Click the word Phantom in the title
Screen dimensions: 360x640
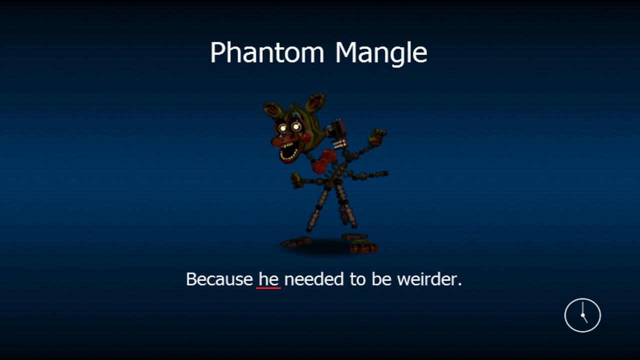[x=267, y=52]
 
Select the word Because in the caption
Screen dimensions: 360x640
[x=219, y=279]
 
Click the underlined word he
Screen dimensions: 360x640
[x=268, y=279]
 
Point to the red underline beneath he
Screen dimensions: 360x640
[x=268, y=288]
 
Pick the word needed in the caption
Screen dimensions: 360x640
[x=314, y=279]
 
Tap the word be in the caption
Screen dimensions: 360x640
[x=379, y=279]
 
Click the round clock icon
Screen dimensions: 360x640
[x=582, y=315]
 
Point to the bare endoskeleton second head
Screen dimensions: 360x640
[x=338, y=133]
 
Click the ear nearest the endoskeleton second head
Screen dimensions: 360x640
[x=315, y=103]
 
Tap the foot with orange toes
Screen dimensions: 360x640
[x=364, y=247]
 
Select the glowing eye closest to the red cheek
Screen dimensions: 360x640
[x=296, y=127]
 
